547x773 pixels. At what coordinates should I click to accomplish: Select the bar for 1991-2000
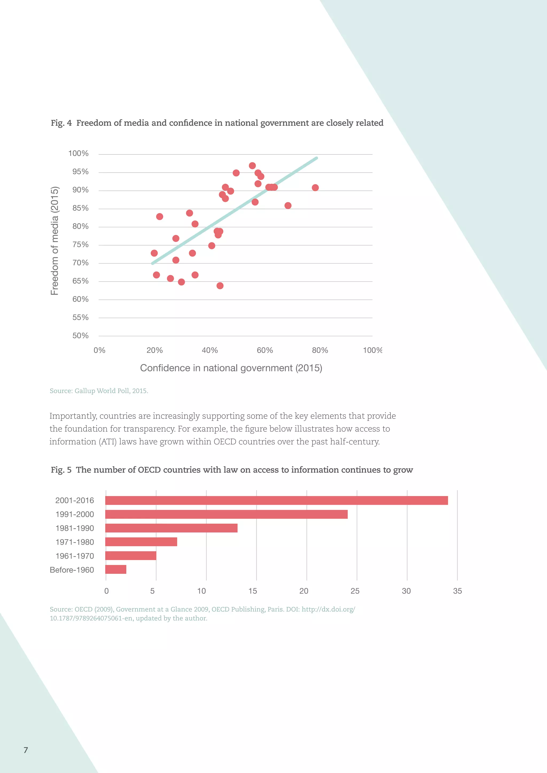226,514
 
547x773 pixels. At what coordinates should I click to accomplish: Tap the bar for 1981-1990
171,528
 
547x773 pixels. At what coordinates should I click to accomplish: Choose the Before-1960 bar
116,569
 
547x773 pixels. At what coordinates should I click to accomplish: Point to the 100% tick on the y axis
79,153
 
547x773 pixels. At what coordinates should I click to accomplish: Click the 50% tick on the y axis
80,336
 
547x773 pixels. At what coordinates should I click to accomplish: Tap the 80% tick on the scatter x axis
320,350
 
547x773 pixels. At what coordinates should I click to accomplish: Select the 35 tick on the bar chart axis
457,591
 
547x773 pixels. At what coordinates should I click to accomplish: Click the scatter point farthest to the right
315,188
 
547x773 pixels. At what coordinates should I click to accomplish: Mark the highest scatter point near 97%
252,166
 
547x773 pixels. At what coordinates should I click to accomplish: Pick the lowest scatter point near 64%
220,286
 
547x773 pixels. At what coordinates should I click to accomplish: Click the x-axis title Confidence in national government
231,368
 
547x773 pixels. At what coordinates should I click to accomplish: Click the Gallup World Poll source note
99,391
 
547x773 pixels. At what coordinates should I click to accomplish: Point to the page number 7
26,750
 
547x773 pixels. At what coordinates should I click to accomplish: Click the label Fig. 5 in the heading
61,470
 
